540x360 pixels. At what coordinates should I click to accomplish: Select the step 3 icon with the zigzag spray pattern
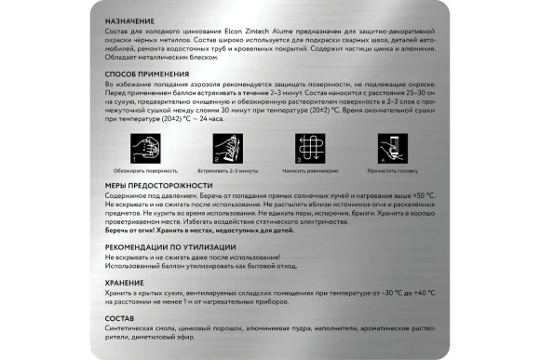point(310,148)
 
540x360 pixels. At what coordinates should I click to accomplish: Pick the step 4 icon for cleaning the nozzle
point(393,148)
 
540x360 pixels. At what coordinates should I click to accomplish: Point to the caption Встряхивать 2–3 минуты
point(227,171)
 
